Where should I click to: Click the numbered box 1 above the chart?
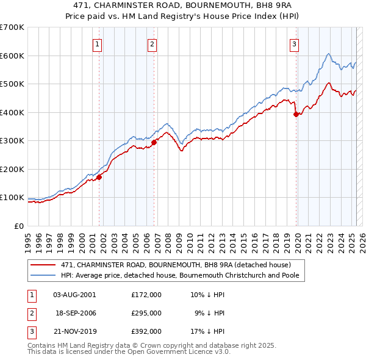coord(98,43)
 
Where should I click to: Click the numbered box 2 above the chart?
coord(152,43)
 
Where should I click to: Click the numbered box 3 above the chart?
coord(294,43)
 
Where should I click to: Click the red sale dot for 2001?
coord(99,178)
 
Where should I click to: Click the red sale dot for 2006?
coord(154,142)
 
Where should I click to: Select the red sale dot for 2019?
coord(296,114)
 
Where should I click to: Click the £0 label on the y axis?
coord(19,226)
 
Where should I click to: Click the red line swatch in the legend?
coord(43,265)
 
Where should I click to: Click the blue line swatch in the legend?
coord(43,275)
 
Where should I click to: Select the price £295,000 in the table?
coord(146,313)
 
